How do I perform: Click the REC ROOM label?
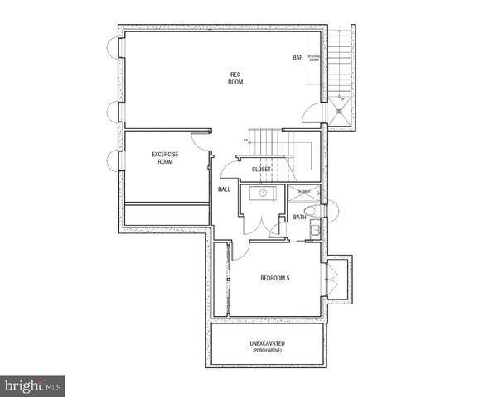click(x=235, y=79)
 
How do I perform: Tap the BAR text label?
click(x=297, y=58)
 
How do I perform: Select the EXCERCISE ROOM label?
click(x=165, y=158)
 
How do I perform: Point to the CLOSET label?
click(x=262, y=170)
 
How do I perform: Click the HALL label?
click(x=224, y=189)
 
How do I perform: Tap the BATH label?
click(x=299, y=217)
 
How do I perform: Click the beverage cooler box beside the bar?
click(x=314, y=60)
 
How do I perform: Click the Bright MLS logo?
click(x=33, y=386)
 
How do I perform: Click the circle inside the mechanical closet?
click(x=262, y=192)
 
